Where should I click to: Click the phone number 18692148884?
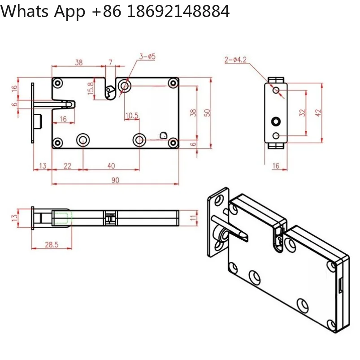(x=178, y=11)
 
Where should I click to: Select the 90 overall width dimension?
(x=116, y=180)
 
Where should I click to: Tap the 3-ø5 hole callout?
(x=147, y=56)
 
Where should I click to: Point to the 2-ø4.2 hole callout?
(x=235, y=60)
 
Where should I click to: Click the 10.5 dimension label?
(x=132, y=116)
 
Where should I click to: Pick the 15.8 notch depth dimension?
(x=91, y=88)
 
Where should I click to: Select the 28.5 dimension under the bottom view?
(x=52, y=245)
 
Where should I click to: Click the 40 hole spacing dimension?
(x=111, y=166)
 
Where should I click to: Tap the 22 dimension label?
(x=67, y=166)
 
